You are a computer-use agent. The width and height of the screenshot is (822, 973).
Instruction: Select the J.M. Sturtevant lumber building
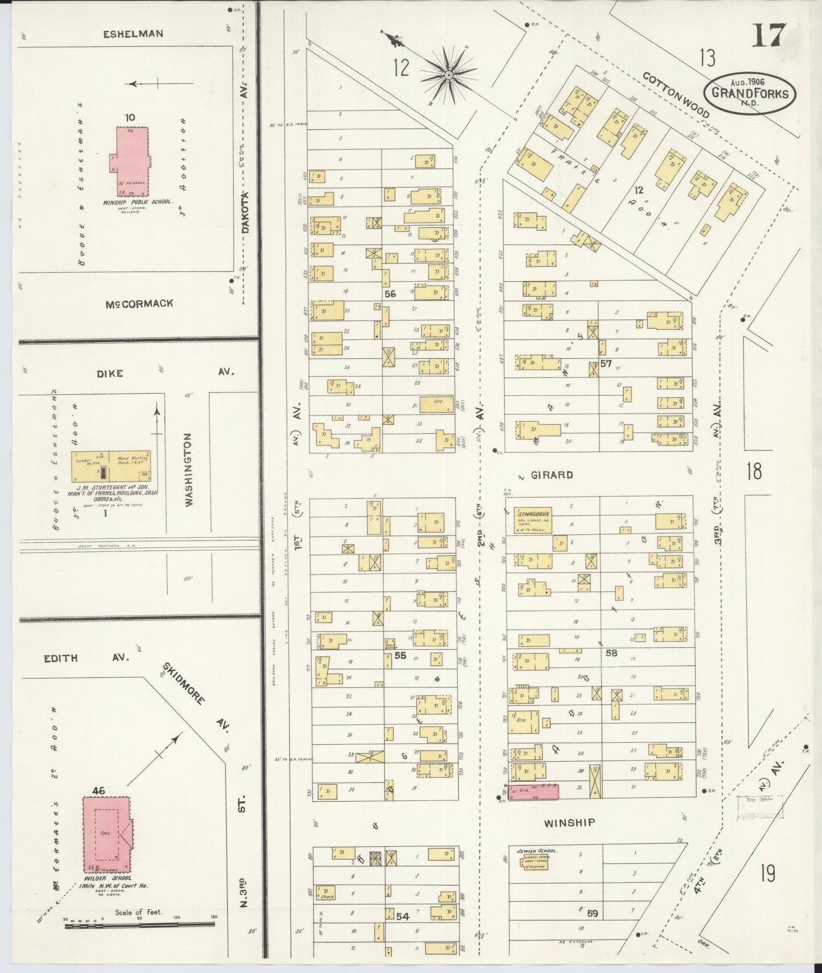coord(111,466)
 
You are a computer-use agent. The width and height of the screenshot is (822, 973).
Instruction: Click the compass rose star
coord(449,75)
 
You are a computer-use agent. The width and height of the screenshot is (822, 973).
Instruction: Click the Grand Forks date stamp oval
coord(750,93)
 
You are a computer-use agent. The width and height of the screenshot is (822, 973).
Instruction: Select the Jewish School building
coord(534,862)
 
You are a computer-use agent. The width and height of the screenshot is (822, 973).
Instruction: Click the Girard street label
coord(552,475)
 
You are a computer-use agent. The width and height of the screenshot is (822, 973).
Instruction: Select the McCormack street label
coord(139,304)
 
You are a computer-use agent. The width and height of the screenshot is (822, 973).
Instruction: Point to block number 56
coord(390,294)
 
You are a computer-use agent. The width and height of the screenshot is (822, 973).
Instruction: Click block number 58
coord(611,653)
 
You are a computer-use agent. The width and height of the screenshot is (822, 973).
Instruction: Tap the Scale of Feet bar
coord(139,926)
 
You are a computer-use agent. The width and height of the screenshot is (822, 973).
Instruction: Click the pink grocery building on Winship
coord(532,793)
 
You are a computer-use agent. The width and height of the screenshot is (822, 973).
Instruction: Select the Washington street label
coord(188,469)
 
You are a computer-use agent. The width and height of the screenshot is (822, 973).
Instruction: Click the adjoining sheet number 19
coord(767,872)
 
